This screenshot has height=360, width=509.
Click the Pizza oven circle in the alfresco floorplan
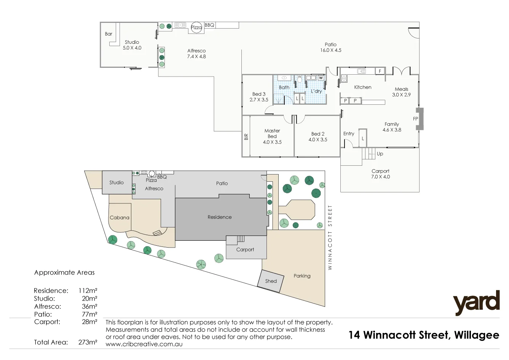(x=196, y=27)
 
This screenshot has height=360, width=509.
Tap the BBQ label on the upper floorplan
(x=209, y=25)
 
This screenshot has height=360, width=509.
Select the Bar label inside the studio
(x=109, y=34)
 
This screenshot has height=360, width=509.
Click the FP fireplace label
(x=415, y=119)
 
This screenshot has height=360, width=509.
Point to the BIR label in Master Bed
(x=246, y=136)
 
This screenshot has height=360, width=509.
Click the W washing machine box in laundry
(x=321, y=78)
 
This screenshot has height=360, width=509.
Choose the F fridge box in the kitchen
(x=380, y=71)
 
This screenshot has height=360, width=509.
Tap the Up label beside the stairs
(x=380, y=154)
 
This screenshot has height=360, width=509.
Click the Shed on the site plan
(x=271, y=281)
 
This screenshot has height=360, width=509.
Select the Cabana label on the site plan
(x=120, y=218)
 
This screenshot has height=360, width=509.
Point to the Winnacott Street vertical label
(x=330, y=237)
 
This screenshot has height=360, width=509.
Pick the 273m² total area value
(x=88, y=342)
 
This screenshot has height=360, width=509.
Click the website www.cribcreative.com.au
(x=144, y=344)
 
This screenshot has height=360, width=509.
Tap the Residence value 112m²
(x=88, y=291)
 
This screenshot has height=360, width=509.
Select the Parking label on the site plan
(x=302, y=276)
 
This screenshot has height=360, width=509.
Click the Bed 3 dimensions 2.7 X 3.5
(x=259, y=100)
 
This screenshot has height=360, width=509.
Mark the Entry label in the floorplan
(x=349, y=134)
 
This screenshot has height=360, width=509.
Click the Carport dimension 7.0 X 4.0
(x=380, y=177)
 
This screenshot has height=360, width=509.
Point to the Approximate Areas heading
(x=64, y=272)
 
